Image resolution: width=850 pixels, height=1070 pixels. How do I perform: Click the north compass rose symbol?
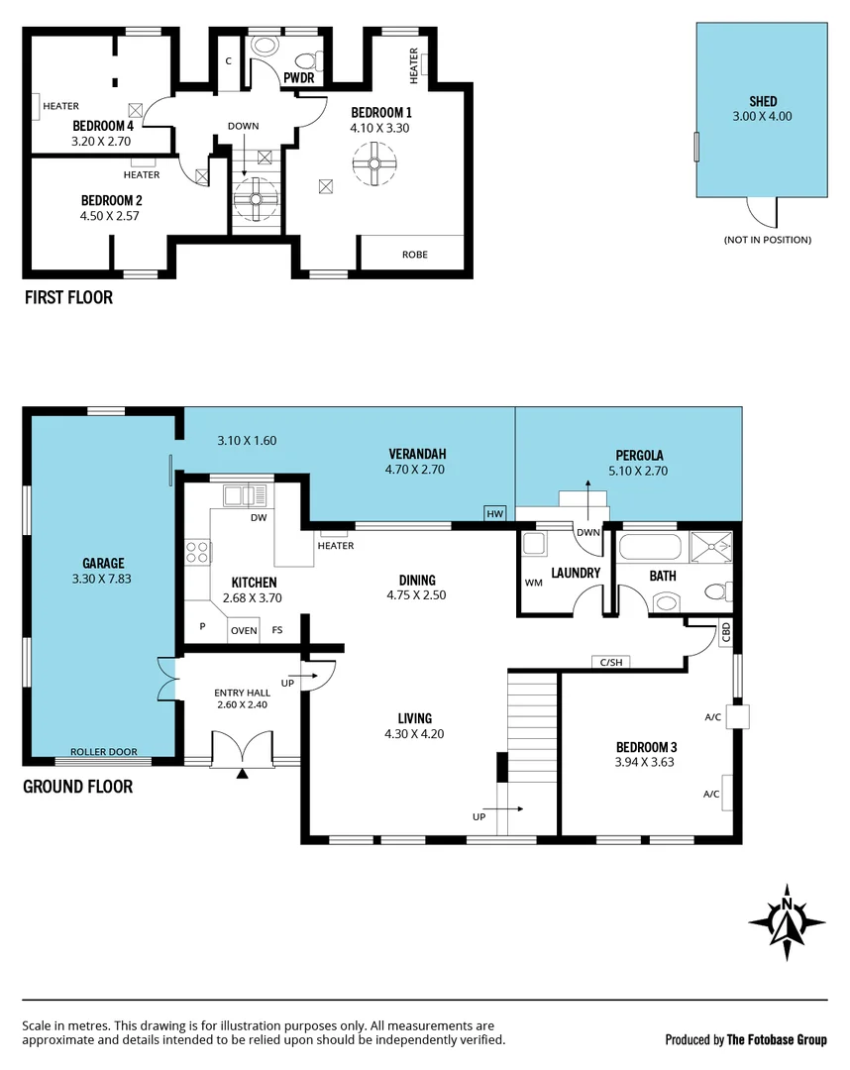[x=787, y=921]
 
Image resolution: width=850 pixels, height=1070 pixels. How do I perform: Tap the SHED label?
[x=763, y=101]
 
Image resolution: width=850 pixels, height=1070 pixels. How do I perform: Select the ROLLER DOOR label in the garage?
[x=103, y=752]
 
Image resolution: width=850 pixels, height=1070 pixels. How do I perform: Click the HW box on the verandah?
[x=494, y=513]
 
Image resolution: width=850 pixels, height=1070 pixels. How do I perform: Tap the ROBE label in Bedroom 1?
[x=414, y=255]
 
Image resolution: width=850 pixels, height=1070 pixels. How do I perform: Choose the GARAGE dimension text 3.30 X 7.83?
[x=103, y=579]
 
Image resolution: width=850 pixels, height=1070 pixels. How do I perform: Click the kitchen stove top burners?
[x=197, y=551]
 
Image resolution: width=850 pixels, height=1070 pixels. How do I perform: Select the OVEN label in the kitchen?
[x=244, y=630]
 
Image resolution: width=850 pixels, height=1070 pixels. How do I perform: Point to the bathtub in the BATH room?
[x=651, y=549]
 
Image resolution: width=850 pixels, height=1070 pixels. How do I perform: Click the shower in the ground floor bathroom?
[x=711, y=548]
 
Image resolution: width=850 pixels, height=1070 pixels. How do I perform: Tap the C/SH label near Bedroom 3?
[x=609, y=662]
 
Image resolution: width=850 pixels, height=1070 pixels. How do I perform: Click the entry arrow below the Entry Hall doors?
[x=242, y=774]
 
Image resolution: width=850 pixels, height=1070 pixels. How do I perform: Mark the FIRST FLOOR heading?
[x=68, y=297]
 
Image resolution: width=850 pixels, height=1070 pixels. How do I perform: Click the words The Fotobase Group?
[x=777, y=1039]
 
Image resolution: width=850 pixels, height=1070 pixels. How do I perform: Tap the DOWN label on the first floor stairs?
[x=243, y=126]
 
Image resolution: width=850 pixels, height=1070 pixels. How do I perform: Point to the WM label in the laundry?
[x=534, y=583]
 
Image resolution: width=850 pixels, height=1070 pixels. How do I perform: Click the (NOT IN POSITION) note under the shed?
[x=767, y=240]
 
